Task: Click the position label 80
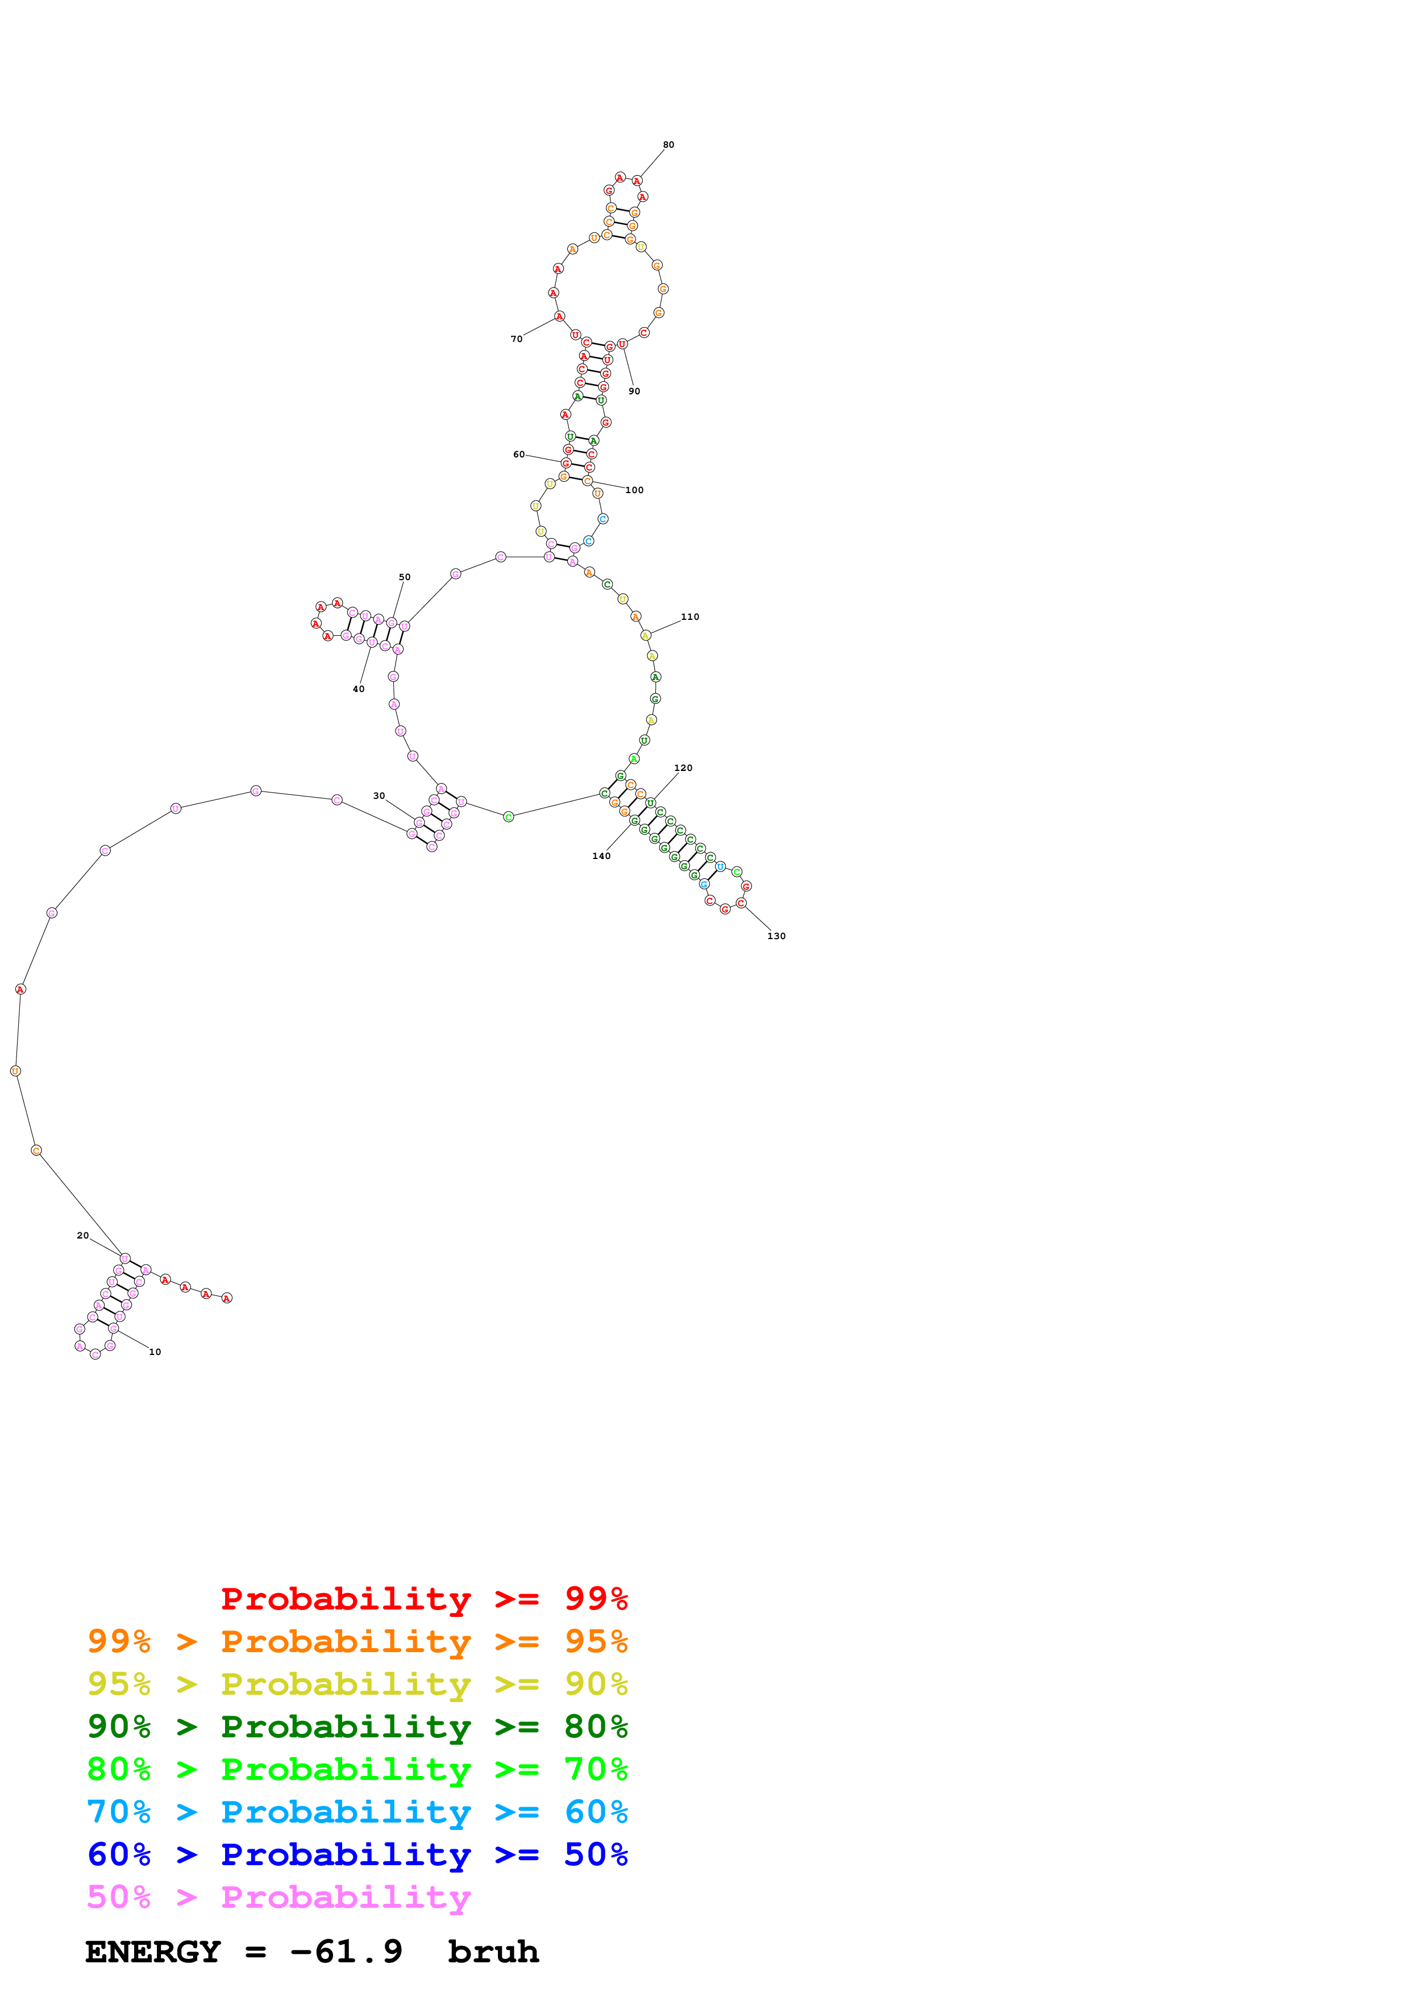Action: pos(668,145)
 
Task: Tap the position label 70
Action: pos(517,339)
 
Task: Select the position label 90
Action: pos(635,391)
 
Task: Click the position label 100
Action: pos(635,490)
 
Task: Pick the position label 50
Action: pos(405,577)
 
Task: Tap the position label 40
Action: pos(359,689)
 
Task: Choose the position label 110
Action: pos(690,617)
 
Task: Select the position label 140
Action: pos(602,856)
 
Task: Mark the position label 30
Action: pos(379,796)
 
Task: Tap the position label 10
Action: pos(155,1352)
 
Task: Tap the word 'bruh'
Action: pos(493,1952)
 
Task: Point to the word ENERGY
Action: pos(153,1952)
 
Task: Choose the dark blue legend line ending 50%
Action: pos(357,1855)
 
